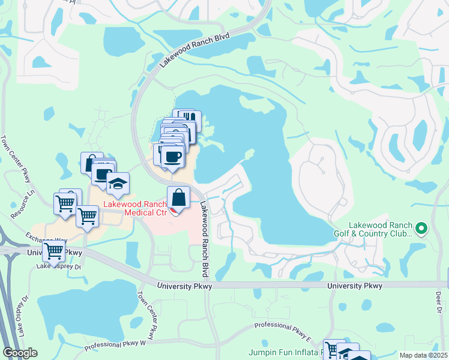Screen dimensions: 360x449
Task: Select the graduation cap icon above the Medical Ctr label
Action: tap(118, 184)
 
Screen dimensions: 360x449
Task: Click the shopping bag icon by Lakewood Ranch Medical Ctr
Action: tap(178, 197)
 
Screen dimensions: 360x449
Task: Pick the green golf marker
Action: tap(421, 228)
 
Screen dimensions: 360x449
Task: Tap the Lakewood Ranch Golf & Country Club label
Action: tap(373, 229)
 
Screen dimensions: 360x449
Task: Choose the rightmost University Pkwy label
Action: tap(355, 286)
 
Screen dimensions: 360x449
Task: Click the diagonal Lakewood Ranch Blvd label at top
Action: tap(195, 51)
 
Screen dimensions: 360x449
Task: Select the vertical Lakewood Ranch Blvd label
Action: tap(205, 240)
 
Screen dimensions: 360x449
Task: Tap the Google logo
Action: tap(20, 353)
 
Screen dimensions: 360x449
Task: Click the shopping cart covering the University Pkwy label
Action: tap(54, 251)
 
